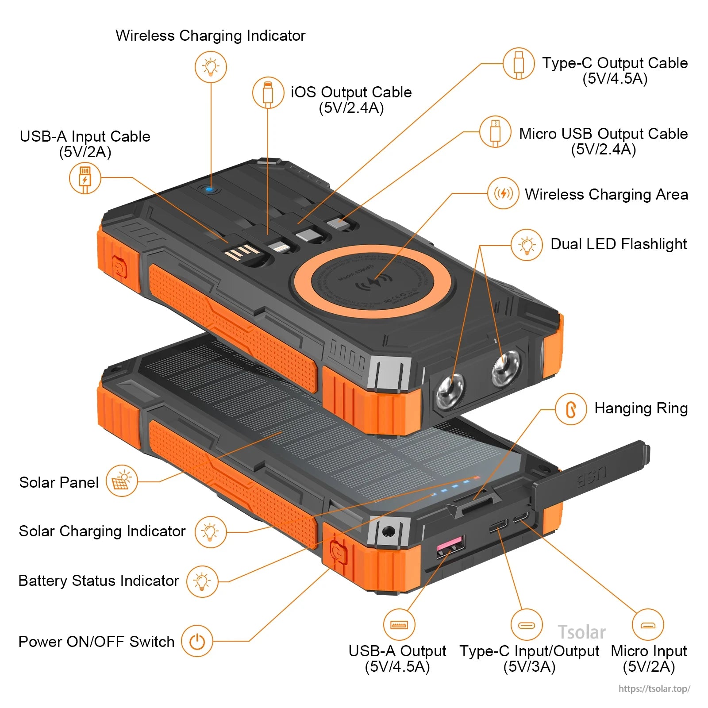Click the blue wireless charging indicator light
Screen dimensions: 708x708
click(x=210, y=189)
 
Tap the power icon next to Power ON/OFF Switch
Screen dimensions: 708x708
click(x=197, y=641)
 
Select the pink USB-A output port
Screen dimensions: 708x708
click(x=450, y=545)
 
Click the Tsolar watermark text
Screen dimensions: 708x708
click(x=581, y=632)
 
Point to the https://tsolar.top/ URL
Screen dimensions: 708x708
click(x=654, y=689)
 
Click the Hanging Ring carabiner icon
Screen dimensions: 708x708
click(x=571, y=409)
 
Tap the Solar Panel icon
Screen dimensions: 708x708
click(x=122, y=481)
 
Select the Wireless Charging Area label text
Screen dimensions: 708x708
click(x=606, y=194)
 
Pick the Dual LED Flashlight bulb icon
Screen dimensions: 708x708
click(x=527, y=245)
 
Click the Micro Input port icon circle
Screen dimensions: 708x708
click(x=648, y=625)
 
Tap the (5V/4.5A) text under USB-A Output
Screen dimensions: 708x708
click(x=397, y=667)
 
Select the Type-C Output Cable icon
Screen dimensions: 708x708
click(x=519, y=64)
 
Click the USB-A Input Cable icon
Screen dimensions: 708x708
click(x=85, y=178)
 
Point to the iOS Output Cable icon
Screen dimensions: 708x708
click(x=268, y=93)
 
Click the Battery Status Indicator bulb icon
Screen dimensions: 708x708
click(x=202, y=581)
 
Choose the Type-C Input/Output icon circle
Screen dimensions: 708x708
click(x=526, y=625)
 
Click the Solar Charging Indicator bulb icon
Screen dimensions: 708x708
click(x=211, y=532)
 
